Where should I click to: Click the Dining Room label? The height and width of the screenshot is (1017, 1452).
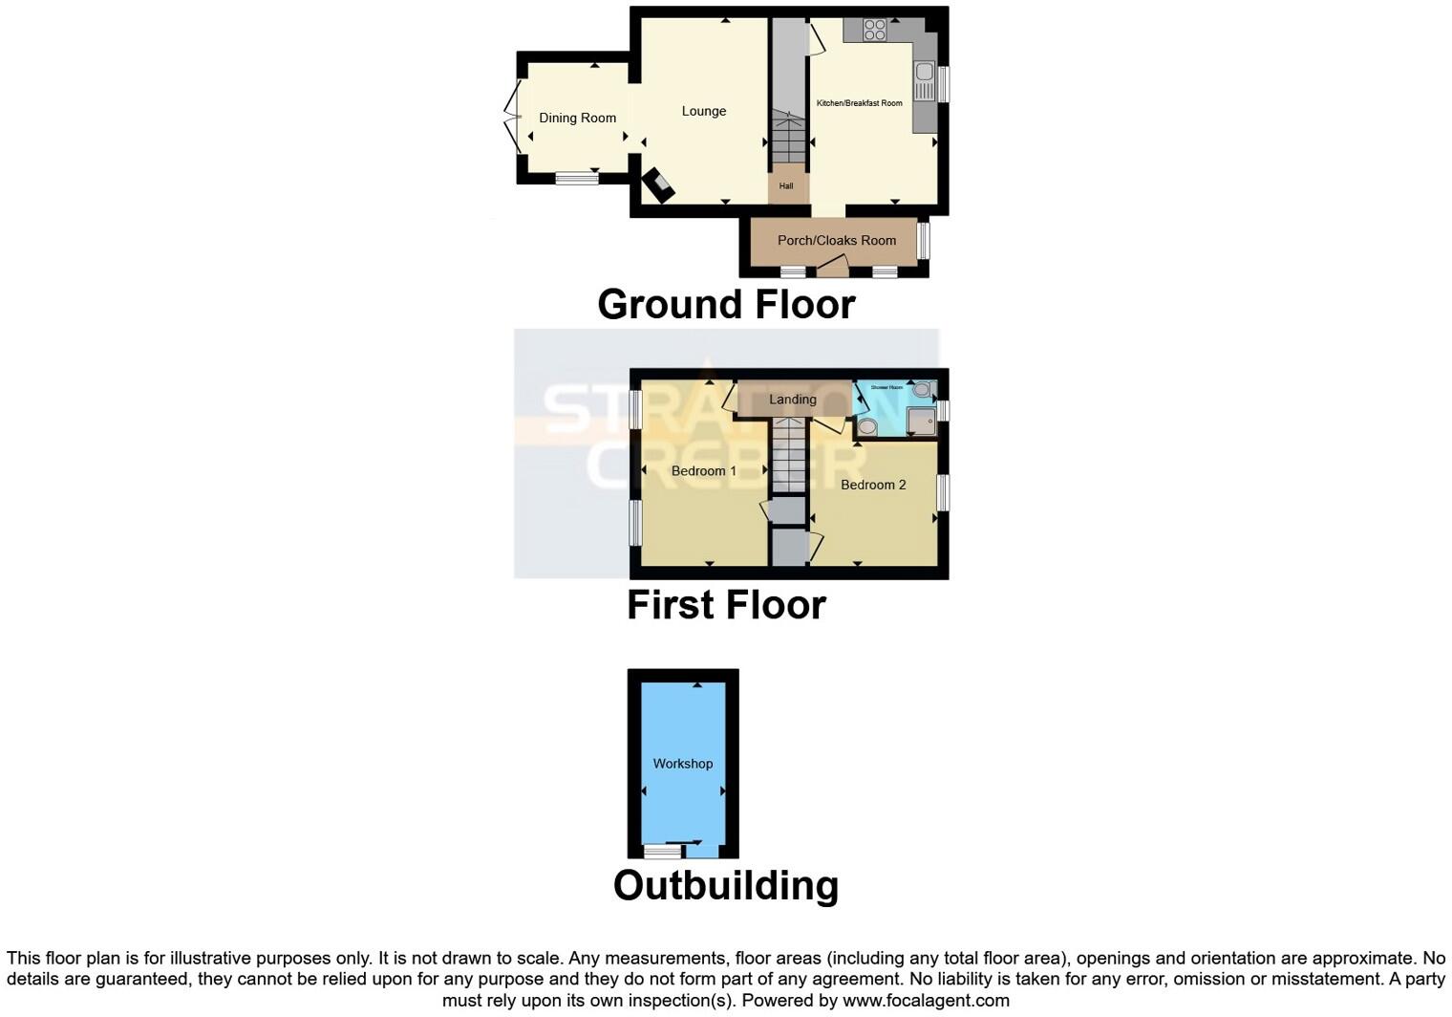577,119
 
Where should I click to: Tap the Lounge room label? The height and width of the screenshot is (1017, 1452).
704,112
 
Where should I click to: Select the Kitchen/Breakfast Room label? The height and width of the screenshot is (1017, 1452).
859,103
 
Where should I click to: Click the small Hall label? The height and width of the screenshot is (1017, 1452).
786,186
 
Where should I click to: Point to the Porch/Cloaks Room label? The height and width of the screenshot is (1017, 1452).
837,241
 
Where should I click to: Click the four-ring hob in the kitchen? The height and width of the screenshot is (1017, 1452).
874,31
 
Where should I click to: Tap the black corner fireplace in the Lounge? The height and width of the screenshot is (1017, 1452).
656,184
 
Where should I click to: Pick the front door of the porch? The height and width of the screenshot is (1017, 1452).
833,267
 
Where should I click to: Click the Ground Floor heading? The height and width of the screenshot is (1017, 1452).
726,305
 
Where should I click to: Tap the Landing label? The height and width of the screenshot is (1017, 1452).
793,400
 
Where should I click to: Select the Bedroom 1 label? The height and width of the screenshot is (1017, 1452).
703,471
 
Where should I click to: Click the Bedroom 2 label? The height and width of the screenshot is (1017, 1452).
873,485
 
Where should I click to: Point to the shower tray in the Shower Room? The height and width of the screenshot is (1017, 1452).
921,422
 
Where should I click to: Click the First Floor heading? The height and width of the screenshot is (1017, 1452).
726,605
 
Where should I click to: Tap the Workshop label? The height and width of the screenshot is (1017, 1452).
682,764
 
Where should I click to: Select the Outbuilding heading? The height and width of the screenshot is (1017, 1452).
726,885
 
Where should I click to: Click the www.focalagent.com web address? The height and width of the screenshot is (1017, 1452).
925,1001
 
